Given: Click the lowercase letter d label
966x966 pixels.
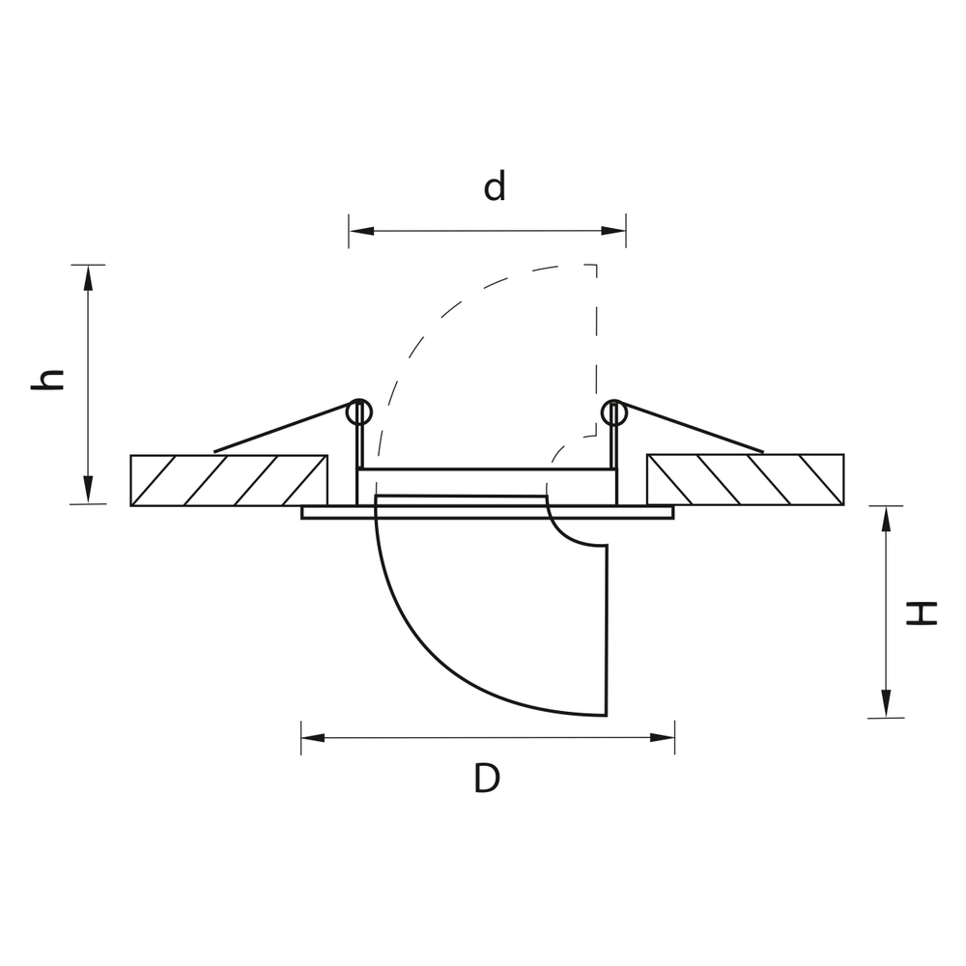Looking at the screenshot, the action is (x=495, y=186).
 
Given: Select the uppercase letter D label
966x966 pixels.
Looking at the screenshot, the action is (x=487, y=778).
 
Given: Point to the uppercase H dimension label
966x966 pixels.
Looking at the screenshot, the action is (x=922, y=613).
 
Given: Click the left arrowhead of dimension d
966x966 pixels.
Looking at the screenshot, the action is (x=361, y=231).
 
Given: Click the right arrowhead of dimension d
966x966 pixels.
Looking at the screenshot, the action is (x=613, y=231).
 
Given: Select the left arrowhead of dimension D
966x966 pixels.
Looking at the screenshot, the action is (x=313, y=737).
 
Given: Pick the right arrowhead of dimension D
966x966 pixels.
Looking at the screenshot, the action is (x=663, y=737).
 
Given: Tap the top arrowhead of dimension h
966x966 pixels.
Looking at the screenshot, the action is (x=88, y=278).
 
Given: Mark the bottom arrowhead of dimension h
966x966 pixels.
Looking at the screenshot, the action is (x=88, y=491).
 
